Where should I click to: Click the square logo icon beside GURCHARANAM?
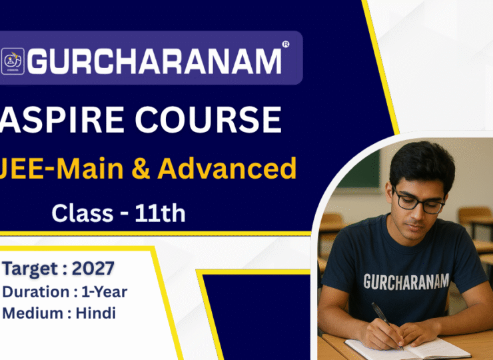(x=13, y=61)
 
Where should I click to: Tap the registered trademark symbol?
(x=286, y=44)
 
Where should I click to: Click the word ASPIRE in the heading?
(x=62, y=119)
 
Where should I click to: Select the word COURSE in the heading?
(x=208, y=119)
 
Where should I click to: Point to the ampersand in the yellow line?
(x=140, y=168)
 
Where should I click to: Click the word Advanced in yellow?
(x=227, y=168)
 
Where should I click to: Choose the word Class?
(x=83, y=213)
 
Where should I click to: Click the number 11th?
(x=161, y=213)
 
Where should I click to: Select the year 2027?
(x=93, y=269)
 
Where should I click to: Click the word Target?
(x=30, y=269)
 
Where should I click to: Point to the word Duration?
(x=36, y=292)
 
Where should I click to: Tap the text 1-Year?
(x=105, y=292)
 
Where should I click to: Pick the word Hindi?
(x=96, y=313)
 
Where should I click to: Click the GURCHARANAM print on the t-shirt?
(x=406, y=281)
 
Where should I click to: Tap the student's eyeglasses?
(x=418, y=201)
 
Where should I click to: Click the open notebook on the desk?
(x=408, y=349)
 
